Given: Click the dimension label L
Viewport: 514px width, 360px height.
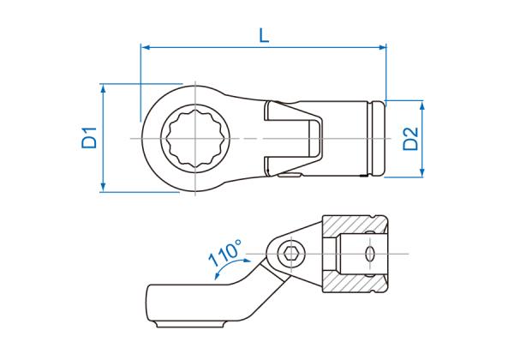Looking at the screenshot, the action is [264, 35].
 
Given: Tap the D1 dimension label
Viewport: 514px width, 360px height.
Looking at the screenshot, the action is [89, 138].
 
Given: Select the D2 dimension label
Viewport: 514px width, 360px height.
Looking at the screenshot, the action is [410, 139].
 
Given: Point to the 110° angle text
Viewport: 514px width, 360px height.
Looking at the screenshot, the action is [225, 252].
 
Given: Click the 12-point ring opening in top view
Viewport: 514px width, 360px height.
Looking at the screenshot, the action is [195, 138].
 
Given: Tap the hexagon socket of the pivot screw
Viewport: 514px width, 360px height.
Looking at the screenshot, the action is [290, 254].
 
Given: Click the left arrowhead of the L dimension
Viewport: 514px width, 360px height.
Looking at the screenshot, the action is [146, 47].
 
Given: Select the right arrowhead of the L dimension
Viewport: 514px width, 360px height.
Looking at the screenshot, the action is [381, 47].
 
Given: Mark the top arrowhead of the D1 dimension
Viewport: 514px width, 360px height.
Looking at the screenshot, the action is [104, 88].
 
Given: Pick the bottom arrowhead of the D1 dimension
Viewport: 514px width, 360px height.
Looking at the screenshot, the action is [104, 188].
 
